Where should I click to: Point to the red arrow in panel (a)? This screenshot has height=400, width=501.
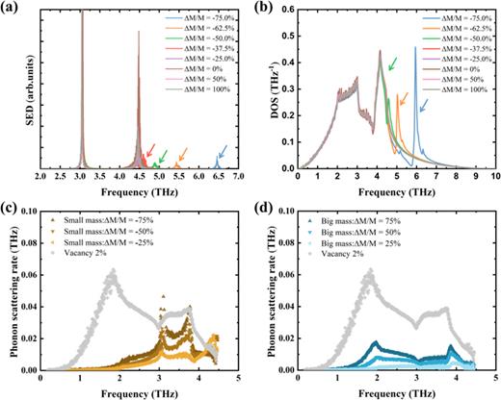tap(149, 148)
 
